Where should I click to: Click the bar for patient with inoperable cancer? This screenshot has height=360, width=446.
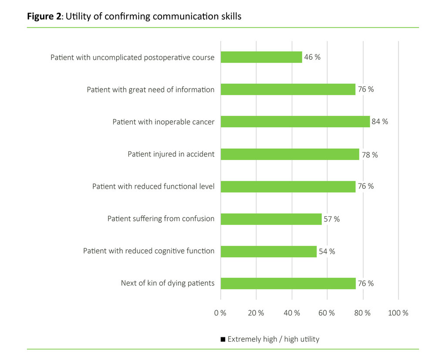coord(295,122)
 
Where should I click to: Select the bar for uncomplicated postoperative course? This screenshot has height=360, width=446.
coord(261,57)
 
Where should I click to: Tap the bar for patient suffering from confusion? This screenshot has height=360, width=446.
coord(271,219)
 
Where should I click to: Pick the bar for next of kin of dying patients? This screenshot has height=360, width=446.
coord(288,283)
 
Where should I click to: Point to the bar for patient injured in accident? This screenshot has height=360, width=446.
coord(290,154)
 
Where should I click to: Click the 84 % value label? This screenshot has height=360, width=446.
coord(380,122)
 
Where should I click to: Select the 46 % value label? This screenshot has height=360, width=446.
coord(312,57)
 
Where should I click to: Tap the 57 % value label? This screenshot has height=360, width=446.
coord(331,219)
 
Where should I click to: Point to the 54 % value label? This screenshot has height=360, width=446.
coord(327,251)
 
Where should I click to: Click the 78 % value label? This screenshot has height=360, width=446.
coord(369,154)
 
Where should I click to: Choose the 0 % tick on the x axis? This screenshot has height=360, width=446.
coord(220,313)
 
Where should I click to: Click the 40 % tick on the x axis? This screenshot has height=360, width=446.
coord(292,313)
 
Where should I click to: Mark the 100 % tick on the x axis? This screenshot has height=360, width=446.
coord(398,313)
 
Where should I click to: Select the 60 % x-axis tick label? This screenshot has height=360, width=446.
coord(327,313)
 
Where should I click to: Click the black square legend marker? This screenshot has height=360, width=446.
coord(223,339)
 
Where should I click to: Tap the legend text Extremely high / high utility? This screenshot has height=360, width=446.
coord(273,339)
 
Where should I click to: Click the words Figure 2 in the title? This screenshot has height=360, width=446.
coord(44,17)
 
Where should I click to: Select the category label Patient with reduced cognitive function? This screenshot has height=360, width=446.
coord(149,251)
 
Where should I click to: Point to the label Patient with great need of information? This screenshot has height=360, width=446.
coord(151,90)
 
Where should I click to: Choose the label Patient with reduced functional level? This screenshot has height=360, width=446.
coord(153,187)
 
